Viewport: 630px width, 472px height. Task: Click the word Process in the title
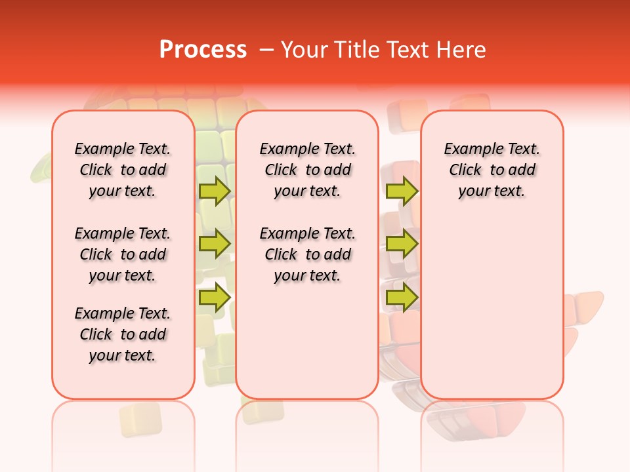click(x=203, y=50)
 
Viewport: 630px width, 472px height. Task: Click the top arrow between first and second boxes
click(x=215, y=191)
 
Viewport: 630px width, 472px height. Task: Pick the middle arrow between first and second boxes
click(x=215, y=244)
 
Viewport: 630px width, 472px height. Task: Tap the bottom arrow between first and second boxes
click(x=215, y=298)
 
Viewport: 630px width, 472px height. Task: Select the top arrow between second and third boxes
click(x=402, y=191)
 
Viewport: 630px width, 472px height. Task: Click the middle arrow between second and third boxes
click(x=402, y=244)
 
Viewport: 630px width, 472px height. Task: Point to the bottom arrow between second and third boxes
click(x=402, y=298)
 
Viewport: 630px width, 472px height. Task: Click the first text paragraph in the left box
click(x=123, y=170)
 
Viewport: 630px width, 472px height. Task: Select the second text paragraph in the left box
click(x=123, y=254)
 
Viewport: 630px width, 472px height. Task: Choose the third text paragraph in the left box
click(x=123, y=334)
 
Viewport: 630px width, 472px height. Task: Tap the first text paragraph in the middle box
click(x=307, y=170)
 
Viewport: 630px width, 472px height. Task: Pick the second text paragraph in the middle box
click(x=307, y=254)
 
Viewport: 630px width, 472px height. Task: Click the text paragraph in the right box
click(x=492, y=170)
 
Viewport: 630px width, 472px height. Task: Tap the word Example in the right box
click(x=472, y=149)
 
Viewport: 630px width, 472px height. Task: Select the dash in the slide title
click(x=266, y=50)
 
